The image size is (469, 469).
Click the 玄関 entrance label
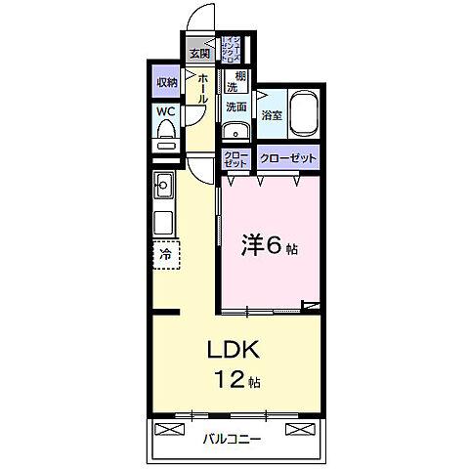(x=200, y=53)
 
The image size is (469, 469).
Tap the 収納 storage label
(x=167, y=83)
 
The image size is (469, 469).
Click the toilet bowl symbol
(x=165, y=135)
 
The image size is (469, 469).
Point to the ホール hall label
(x=202, y=88)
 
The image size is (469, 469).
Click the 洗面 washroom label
(x=235, y=107)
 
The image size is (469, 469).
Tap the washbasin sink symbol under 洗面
(x=234, y=132)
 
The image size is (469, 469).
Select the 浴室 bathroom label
(x=271, y=115)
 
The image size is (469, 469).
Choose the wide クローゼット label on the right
(x=288, y=157)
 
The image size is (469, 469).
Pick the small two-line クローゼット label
(x=236, y=158)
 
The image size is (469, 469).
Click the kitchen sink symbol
(x=163, y=183)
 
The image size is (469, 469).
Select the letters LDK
(x=232, y=351)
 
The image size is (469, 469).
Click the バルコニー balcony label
(x=233, y=440)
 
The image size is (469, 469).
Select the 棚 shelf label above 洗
(x=239, y=75)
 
